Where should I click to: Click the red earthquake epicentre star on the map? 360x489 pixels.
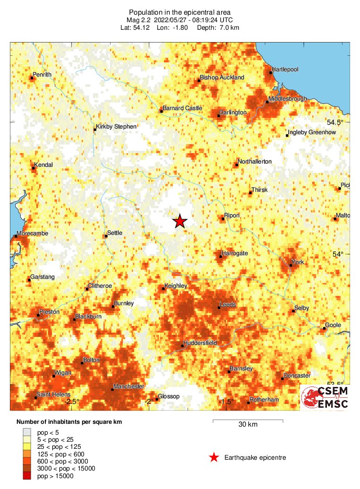[180, 221]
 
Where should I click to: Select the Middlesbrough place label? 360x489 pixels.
[287, 99]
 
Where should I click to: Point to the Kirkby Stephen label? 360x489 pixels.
[116, 127]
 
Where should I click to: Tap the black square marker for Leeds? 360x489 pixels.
[219, 308]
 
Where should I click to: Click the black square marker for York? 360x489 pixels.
[291, 265]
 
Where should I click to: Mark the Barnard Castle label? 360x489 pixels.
[182, 109]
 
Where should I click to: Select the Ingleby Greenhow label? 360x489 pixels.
[312, 133]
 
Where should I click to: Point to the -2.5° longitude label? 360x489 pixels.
[71, 402]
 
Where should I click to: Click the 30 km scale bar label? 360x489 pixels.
[248, 425]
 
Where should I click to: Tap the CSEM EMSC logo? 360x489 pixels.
[325, 397]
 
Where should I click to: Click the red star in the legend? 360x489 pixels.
[214, 457]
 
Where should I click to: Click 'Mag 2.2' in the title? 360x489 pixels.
[138, 20]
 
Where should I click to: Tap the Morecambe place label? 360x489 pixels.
[32, 234]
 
